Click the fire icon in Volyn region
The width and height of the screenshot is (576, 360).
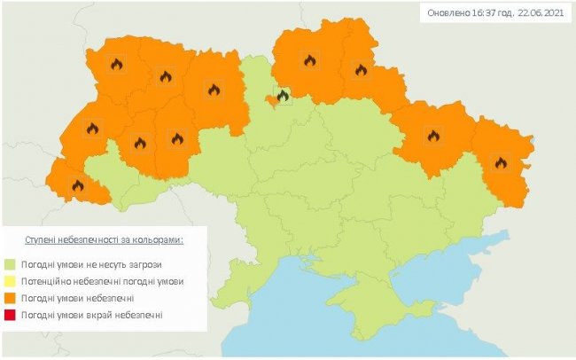click(116, 64)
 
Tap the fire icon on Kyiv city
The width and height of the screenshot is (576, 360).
click(283, 95)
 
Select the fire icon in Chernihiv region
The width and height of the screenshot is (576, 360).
click(309, 60)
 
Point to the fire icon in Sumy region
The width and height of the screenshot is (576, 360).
click(360, 69)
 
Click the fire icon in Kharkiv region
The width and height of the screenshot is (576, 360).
click(433, 136)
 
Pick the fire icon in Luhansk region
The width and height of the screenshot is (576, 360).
click(501, 162)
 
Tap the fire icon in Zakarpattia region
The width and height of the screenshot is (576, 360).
click(77, 185)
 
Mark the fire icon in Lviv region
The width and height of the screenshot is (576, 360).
click(91, 128)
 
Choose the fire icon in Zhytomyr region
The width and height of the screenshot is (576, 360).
click(214, 89)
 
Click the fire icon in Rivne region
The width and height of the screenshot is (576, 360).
click(165, 77)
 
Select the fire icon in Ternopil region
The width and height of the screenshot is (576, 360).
click(139, 143)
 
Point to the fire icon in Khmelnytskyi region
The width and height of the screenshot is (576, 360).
click(177, 138)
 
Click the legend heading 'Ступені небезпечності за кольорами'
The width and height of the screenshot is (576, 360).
click(104, 239)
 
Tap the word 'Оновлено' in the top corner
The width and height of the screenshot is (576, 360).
click(446, 12)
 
